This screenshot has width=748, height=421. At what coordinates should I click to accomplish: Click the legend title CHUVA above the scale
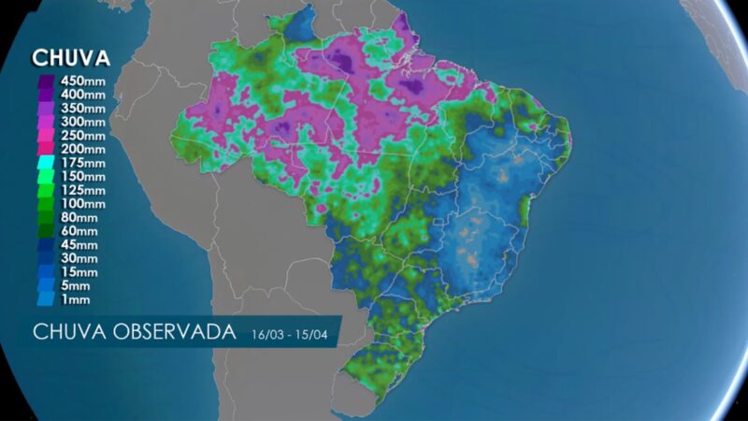[71, 58]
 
